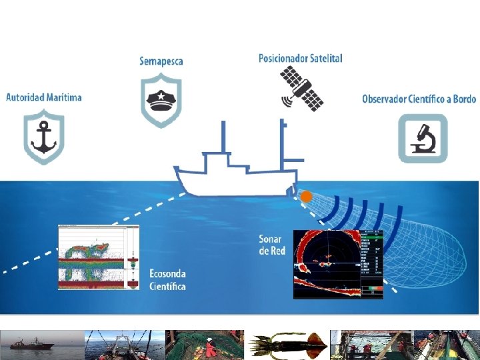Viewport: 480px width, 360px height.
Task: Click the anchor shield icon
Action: click(44, 137)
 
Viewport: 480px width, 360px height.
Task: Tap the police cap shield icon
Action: click(161, 100)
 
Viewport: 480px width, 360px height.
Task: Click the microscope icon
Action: click(423, 138)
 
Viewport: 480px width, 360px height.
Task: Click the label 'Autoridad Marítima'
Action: click(44, 97)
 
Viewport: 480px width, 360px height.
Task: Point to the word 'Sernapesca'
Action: click(161, 61)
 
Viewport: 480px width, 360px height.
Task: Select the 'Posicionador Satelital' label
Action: click(300, 59)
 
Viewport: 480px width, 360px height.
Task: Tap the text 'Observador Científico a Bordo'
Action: click(419, 99)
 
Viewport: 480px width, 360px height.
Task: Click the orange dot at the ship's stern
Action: click(306, 197)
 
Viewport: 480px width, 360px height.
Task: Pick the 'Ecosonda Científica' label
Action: click(167, 280)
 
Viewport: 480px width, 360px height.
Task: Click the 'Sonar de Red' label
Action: click(271, 245)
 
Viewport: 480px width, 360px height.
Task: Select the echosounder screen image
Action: click(99, 257)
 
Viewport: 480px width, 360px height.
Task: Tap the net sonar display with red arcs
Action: click(338, 263)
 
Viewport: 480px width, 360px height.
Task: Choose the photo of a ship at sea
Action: click(41, 345)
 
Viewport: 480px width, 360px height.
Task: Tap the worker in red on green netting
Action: click(210, 347)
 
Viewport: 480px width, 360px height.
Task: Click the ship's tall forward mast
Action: click(223, 140)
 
